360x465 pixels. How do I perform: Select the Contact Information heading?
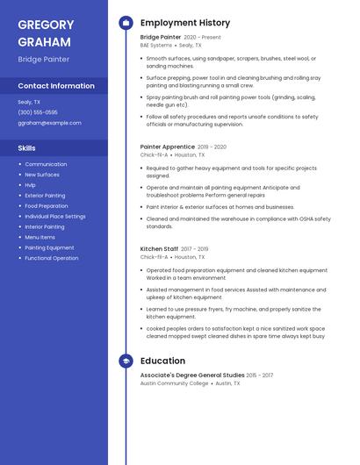[x=56, y=86]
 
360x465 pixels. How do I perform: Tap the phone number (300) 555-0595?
[x=38, y=112]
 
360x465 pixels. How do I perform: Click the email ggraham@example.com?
[x=49, y=123]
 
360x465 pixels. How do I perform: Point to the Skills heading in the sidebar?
[x=27, y=148]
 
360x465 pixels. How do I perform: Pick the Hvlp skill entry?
[x=30, y=185]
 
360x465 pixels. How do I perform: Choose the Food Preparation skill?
[x=47, y=206]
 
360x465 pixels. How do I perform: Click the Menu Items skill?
[x=40, y=237]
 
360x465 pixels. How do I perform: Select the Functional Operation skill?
[x=52, y=258]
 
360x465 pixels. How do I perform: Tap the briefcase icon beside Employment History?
[x=126, y=23]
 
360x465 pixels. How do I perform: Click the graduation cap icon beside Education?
[x=126, y=361]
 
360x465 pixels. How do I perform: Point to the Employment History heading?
[x=185, y=23]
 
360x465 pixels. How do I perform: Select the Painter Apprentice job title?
[x=167, y=147]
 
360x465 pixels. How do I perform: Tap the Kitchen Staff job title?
[x=159, y=249]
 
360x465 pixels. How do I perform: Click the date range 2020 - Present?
[x=203, y=38]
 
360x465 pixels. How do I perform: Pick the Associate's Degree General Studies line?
[x=192, y=375]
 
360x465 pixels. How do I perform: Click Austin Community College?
[x=174, y=383]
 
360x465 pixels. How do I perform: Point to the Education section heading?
[x=162, y=361]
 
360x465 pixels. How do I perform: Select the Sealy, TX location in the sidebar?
[x=29, y=102]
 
